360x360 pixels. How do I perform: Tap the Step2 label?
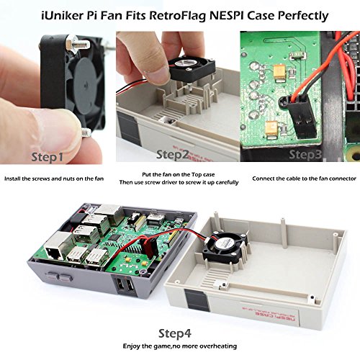(172, 154)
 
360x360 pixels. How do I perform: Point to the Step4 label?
(176, 333)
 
